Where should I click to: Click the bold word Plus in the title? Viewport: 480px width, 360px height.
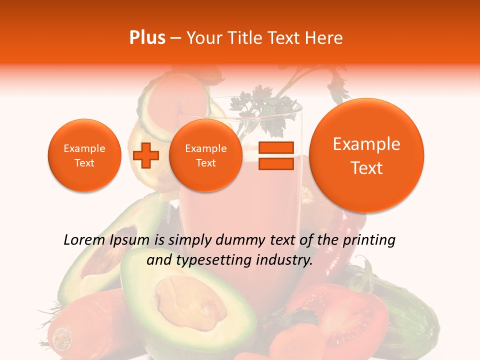pos(147,38)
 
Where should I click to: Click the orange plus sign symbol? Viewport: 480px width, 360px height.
pos(145,155)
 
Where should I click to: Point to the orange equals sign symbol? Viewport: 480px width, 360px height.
pos(275,155)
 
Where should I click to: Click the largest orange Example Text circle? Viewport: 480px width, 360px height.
pos(366,155)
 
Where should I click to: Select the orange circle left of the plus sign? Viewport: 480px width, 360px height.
pos(84,155)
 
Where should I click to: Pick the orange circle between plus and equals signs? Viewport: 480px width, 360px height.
pos(205,155)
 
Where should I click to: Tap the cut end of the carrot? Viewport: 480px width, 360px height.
pos(63,337)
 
